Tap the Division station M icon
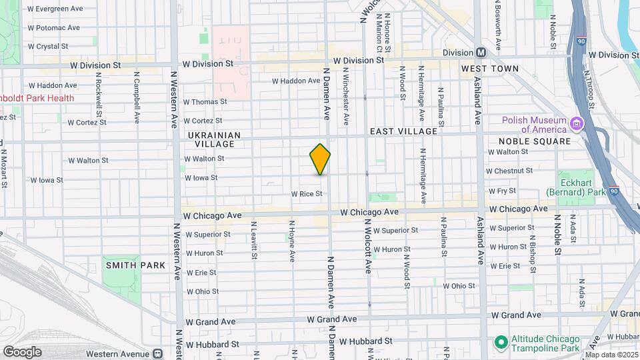click(x=480, y=53)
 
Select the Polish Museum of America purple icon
click(x=577, y=124)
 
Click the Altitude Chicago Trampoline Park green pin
click(x=501, y=343)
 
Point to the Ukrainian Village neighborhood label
click(x=211, y=139)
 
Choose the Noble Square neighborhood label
click(x=535, y=141)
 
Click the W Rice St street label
click(x=306, y=194)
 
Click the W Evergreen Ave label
click(x=55, y=9)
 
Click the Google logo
click(x=21, y=352)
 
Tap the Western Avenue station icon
click(x=159, y=353)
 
